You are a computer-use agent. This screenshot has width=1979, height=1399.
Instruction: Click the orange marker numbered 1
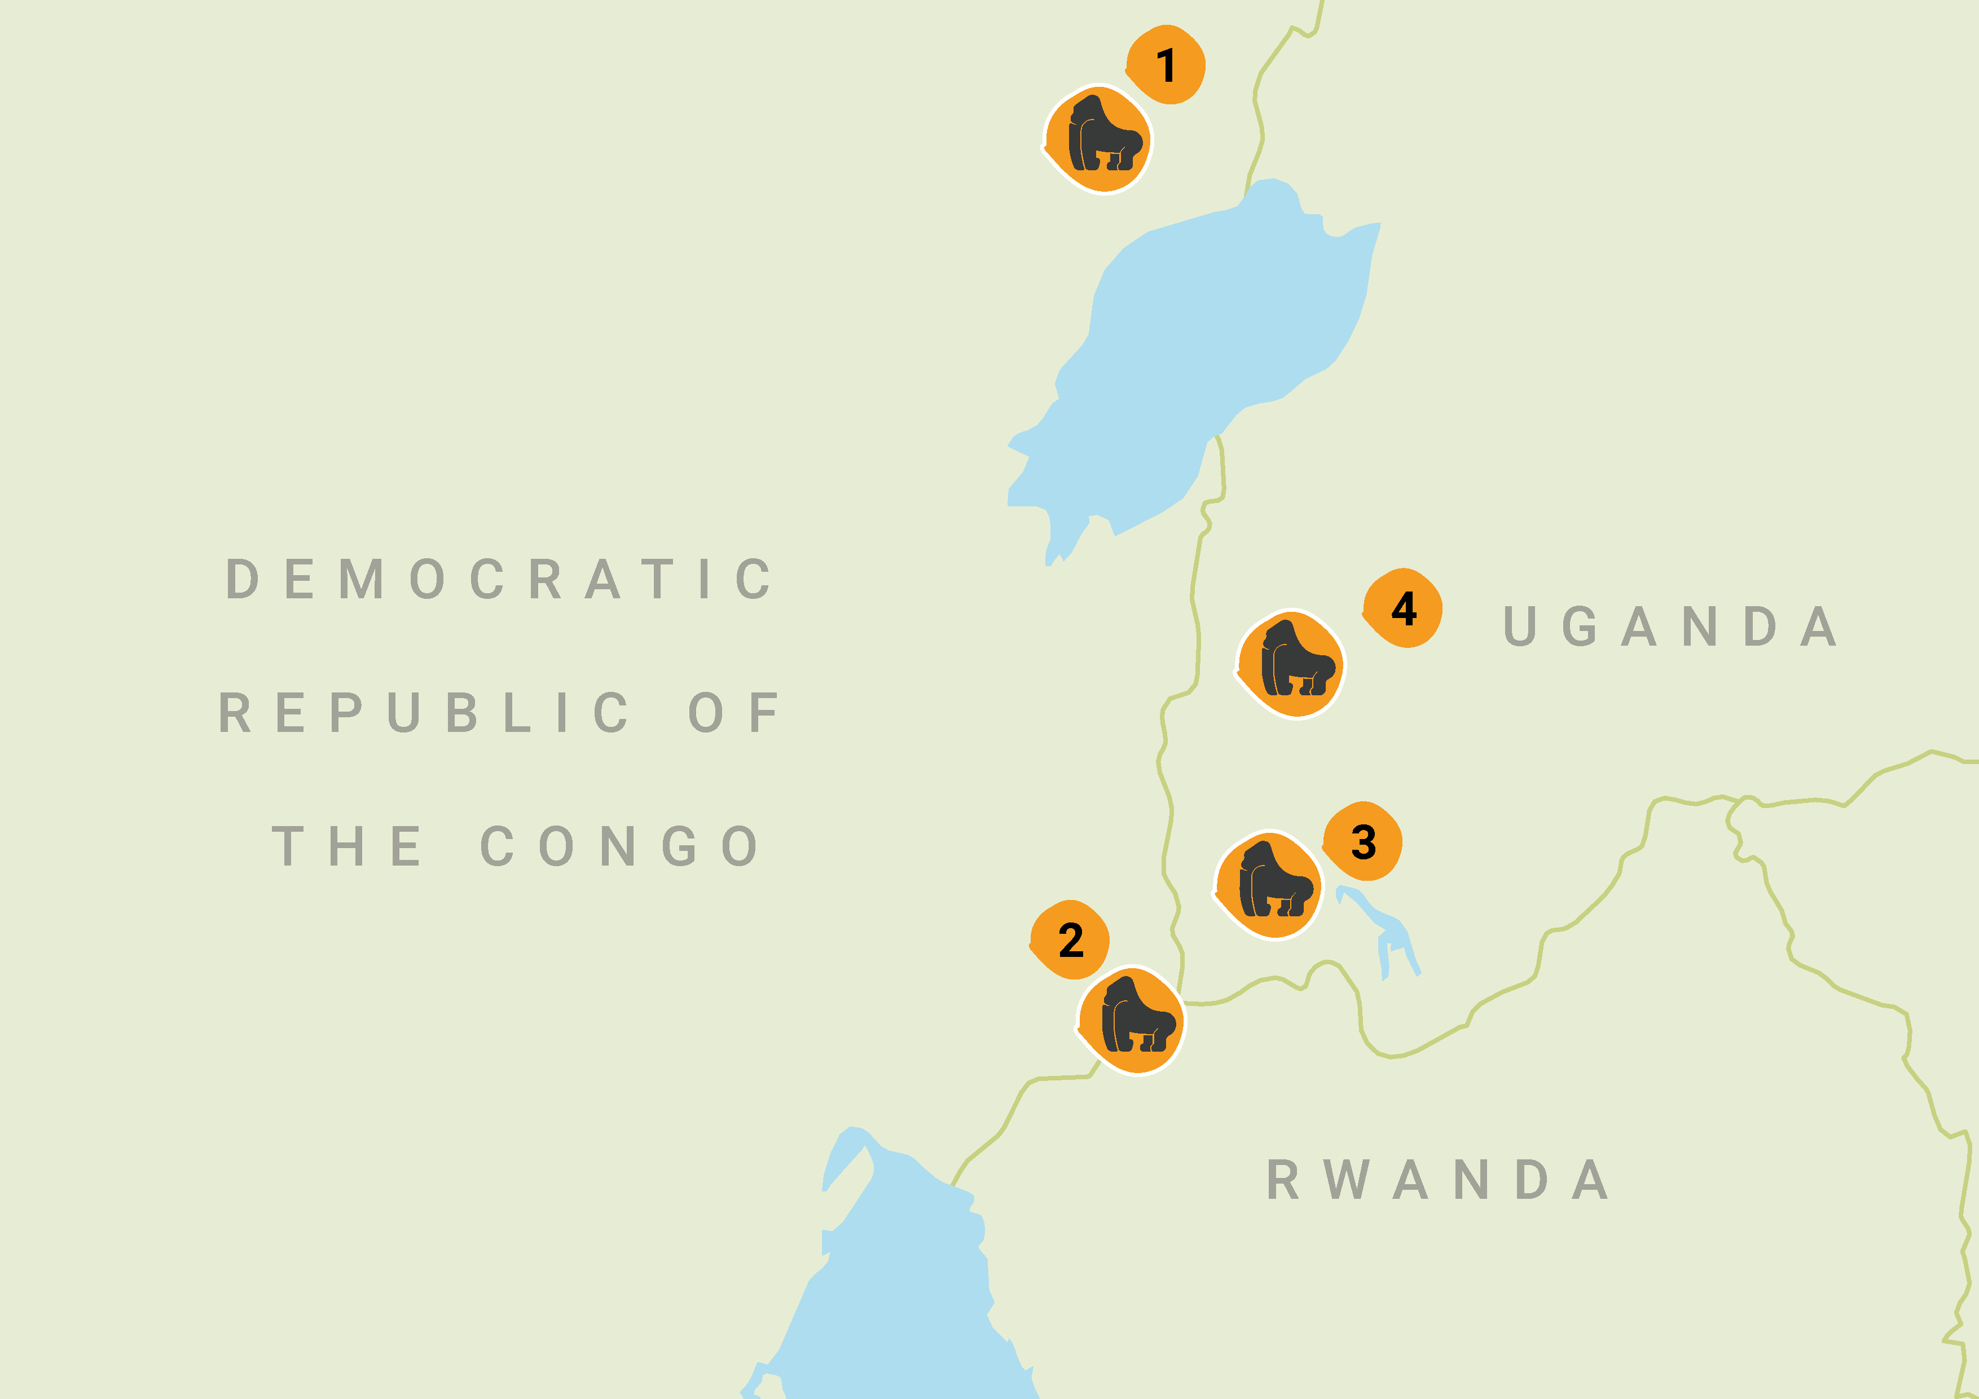[x=1166, y=65]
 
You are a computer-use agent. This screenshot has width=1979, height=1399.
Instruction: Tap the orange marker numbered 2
[x=1071, y=940]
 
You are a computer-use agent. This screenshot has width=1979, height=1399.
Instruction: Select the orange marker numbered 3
[x=1363, y=842]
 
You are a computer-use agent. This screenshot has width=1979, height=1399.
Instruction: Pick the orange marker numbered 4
[x=1403, y=608]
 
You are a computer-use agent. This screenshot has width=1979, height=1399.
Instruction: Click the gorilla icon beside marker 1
[x=1099, y=139]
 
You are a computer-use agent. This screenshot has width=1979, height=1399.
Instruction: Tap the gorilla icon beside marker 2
[x=1133, y=1020]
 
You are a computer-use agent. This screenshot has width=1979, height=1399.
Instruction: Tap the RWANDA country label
[x=1437, y=1179]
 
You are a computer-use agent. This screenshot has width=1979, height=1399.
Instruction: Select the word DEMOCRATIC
[x=499, y=579]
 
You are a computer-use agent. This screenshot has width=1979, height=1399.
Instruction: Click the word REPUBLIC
[x=423, y=712]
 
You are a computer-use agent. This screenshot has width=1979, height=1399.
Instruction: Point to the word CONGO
[x=619, y=846]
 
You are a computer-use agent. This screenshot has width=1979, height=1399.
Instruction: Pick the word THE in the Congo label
[x=346, y=846]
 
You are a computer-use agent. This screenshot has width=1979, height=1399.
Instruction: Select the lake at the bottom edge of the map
[x=905, y=1292]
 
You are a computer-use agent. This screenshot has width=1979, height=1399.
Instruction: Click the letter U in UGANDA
[x=1520, y=626]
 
